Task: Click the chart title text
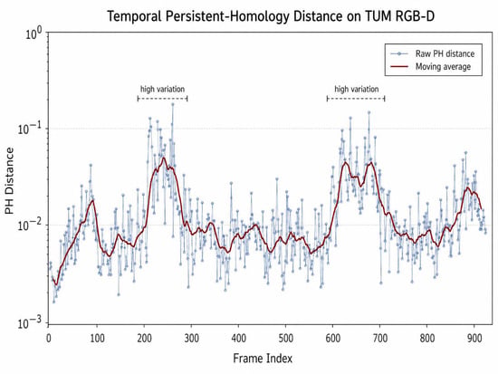click(271, 16)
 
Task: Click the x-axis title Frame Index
click(263, 359)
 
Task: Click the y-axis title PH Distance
click(10, 181)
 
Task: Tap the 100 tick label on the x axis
click(97, 339)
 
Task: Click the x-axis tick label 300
click(191, 339)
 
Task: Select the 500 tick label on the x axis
click(285, 339)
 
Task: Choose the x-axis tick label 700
click(380, 339)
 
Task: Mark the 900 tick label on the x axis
click(474, 339)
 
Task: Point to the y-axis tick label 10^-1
click(30, 129)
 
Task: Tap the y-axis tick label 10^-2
click(30, 225)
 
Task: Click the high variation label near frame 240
click(162, 90)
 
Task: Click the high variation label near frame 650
click(357, 90)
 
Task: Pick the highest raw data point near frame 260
click(173, 104)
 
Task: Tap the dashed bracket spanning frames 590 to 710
click(356, 99)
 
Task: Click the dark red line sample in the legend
click(399, 67)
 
